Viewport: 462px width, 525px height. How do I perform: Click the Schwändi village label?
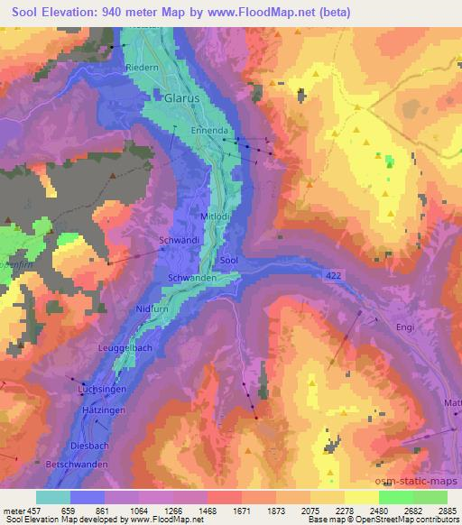(177, 241)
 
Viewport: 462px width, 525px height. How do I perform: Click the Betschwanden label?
(77, 464)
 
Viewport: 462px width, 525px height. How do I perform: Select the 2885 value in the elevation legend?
(448, 511)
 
